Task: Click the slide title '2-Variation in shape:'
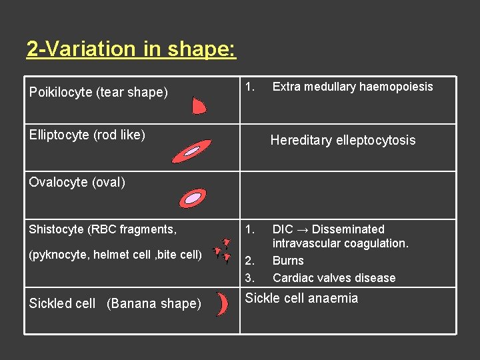[131, 49]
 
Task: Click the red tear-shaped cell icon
[199, 105]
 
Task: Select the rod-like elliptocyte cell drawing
[191, 151]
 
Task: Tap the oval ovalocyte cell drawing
[193, 197]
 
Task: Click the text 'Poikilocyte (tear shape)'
[99, 93]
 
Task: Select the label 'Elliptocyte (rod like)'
[87, 135]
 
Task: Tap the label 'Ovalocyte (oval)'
[77, 182]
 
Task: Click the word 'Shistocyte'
[57, 229]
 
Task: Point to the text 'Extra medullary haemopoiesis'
[353, 87]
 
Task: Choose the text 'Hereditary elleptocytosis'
[343, 140]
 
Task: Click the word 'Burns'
[288, 261]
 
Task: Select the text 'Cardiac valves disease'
[334, 278]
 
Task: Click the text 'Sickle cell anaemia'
[301, 298]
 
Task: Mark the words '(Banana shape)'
[153, 303]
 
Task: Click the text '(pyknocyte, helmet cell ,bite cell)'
[115, 254]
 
